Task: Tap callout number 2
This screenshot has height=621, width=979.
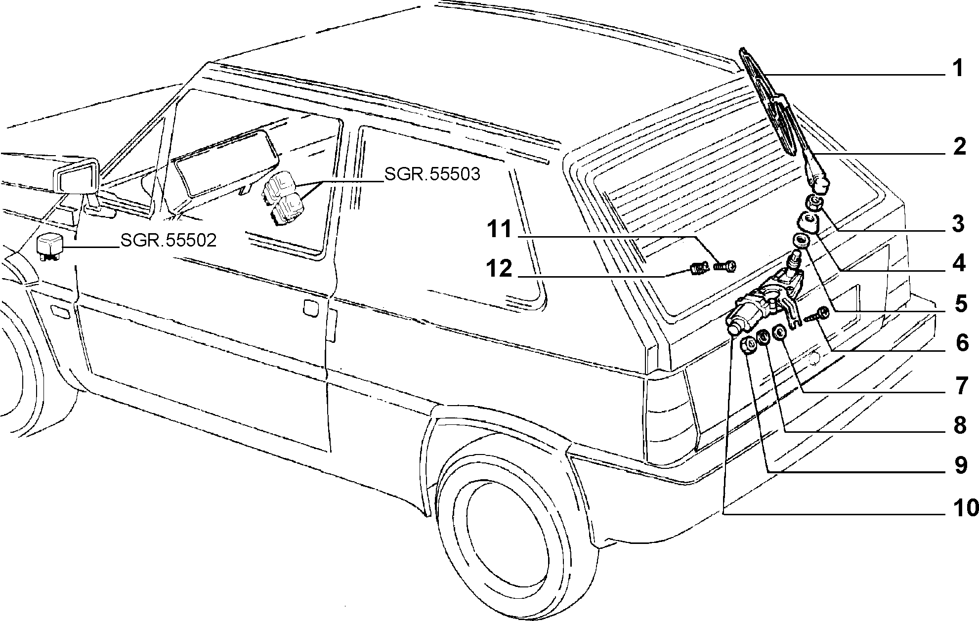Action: (958, 147)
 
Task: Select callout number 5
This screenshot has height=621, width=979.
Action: (959, 305)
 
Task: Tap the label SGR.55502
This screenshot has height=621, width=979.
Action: (169, 240)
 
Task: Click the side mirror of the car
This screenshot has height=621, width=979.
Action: (77, 178)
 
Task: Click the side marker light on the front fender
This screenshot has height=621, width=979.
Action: (60, 311)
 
